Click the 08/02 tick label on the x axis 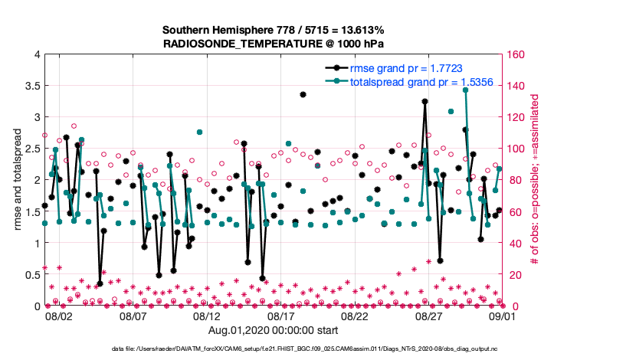click(59, 316)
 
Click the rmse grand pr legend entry click(405, 68)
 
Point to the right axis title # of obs click(536, 181)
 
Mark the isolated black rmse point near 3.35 click(303, 95)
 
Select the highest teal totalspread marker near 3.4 click(465, 90)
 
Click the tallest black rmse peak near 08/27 click(425, 102)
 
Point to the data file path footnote click(307, 349)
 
